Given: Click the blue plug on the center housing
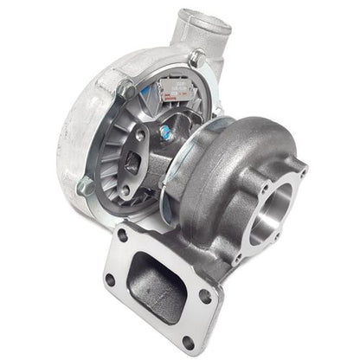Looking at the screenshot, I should coord(165,132).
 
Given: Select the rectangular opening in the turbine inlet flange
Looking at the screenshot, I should coord(154,276).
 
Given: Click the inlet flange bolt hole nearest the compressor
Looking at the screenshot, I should coord(124,235).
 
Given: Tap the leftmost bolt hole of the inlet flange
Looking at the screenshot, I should coord(111,279).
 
